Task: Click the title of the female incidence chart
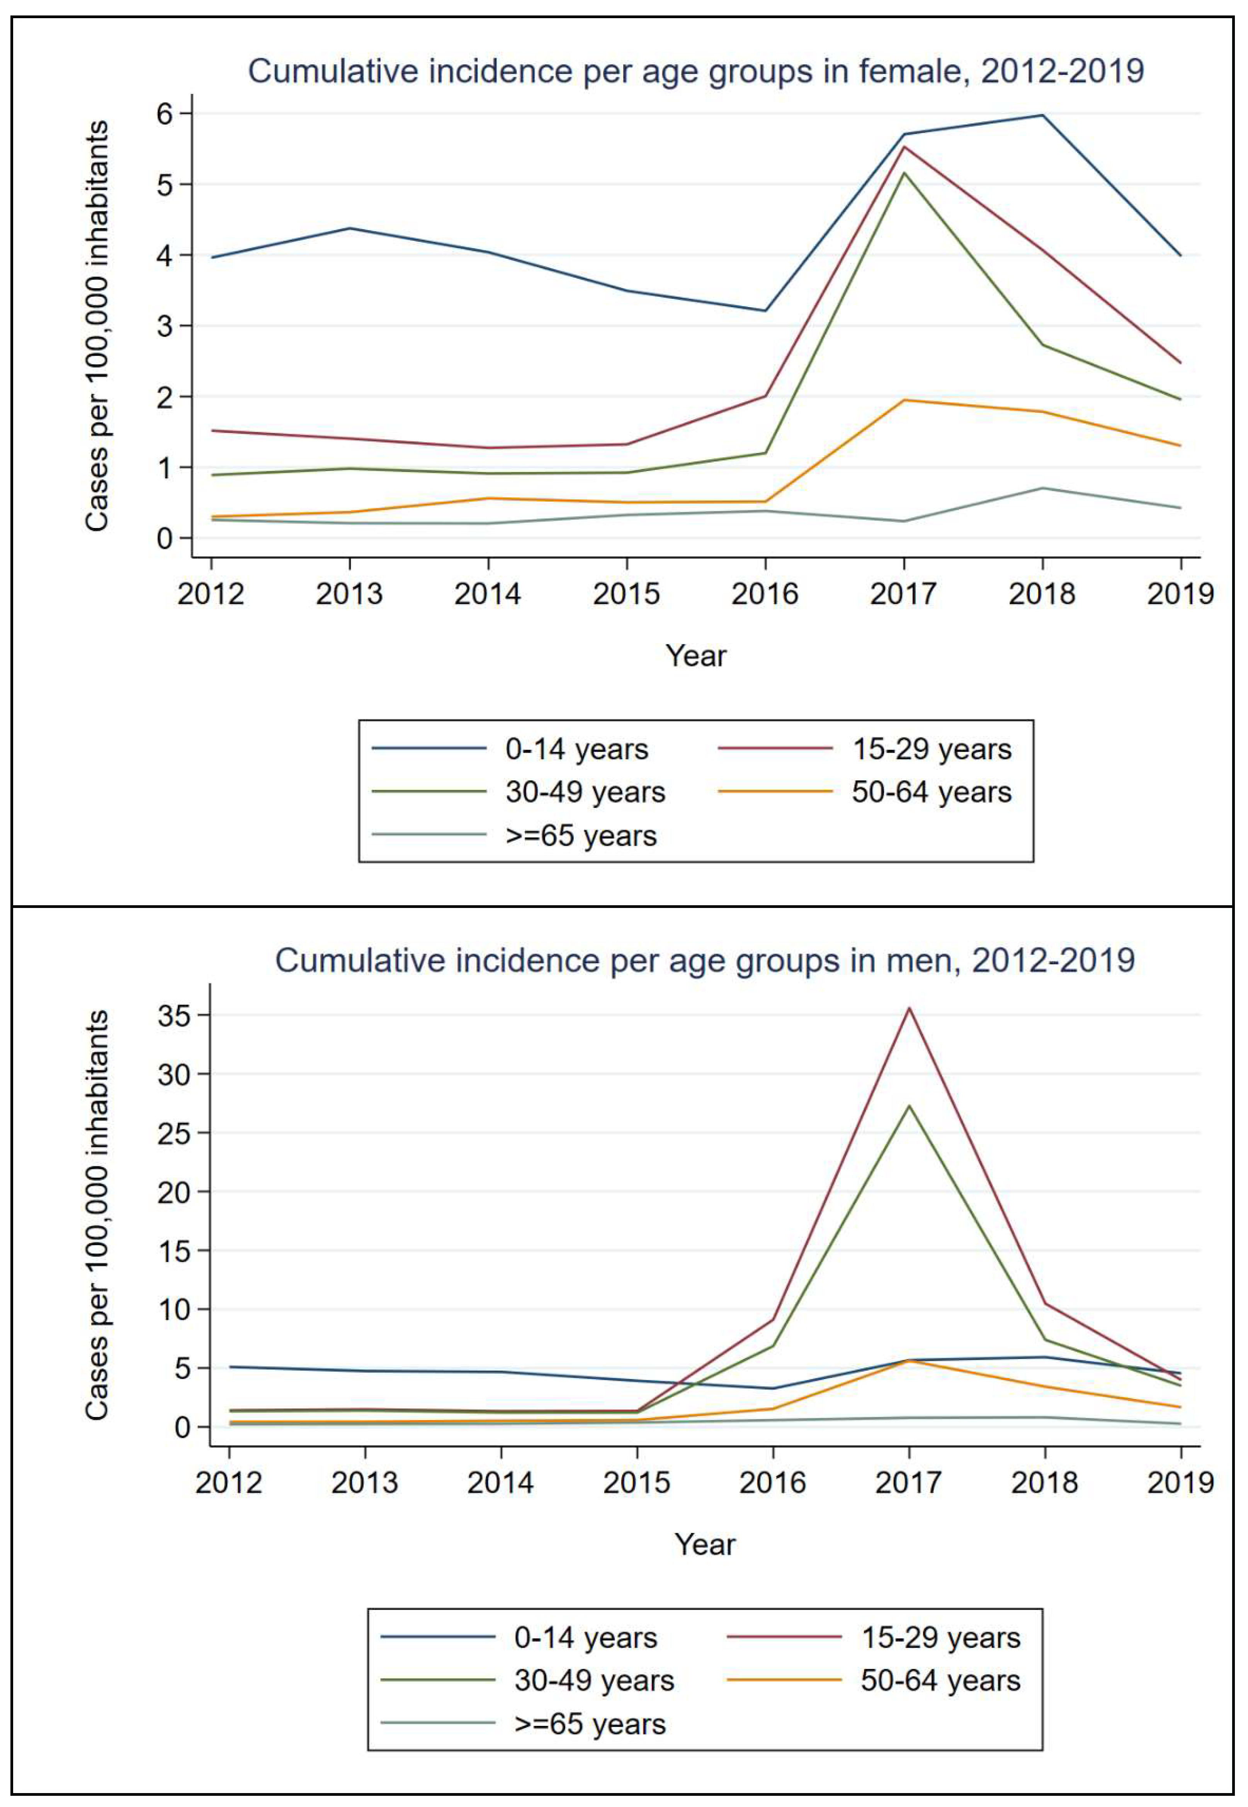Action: (696, 71)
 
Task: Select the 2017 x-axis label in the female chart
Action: (903, 594)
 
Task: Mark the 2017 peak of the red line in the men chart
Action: (909, 1008)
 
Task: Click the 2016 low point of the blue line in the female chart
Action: (765, 310)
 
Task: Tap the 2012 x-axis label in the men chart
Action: (228, 1482)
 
